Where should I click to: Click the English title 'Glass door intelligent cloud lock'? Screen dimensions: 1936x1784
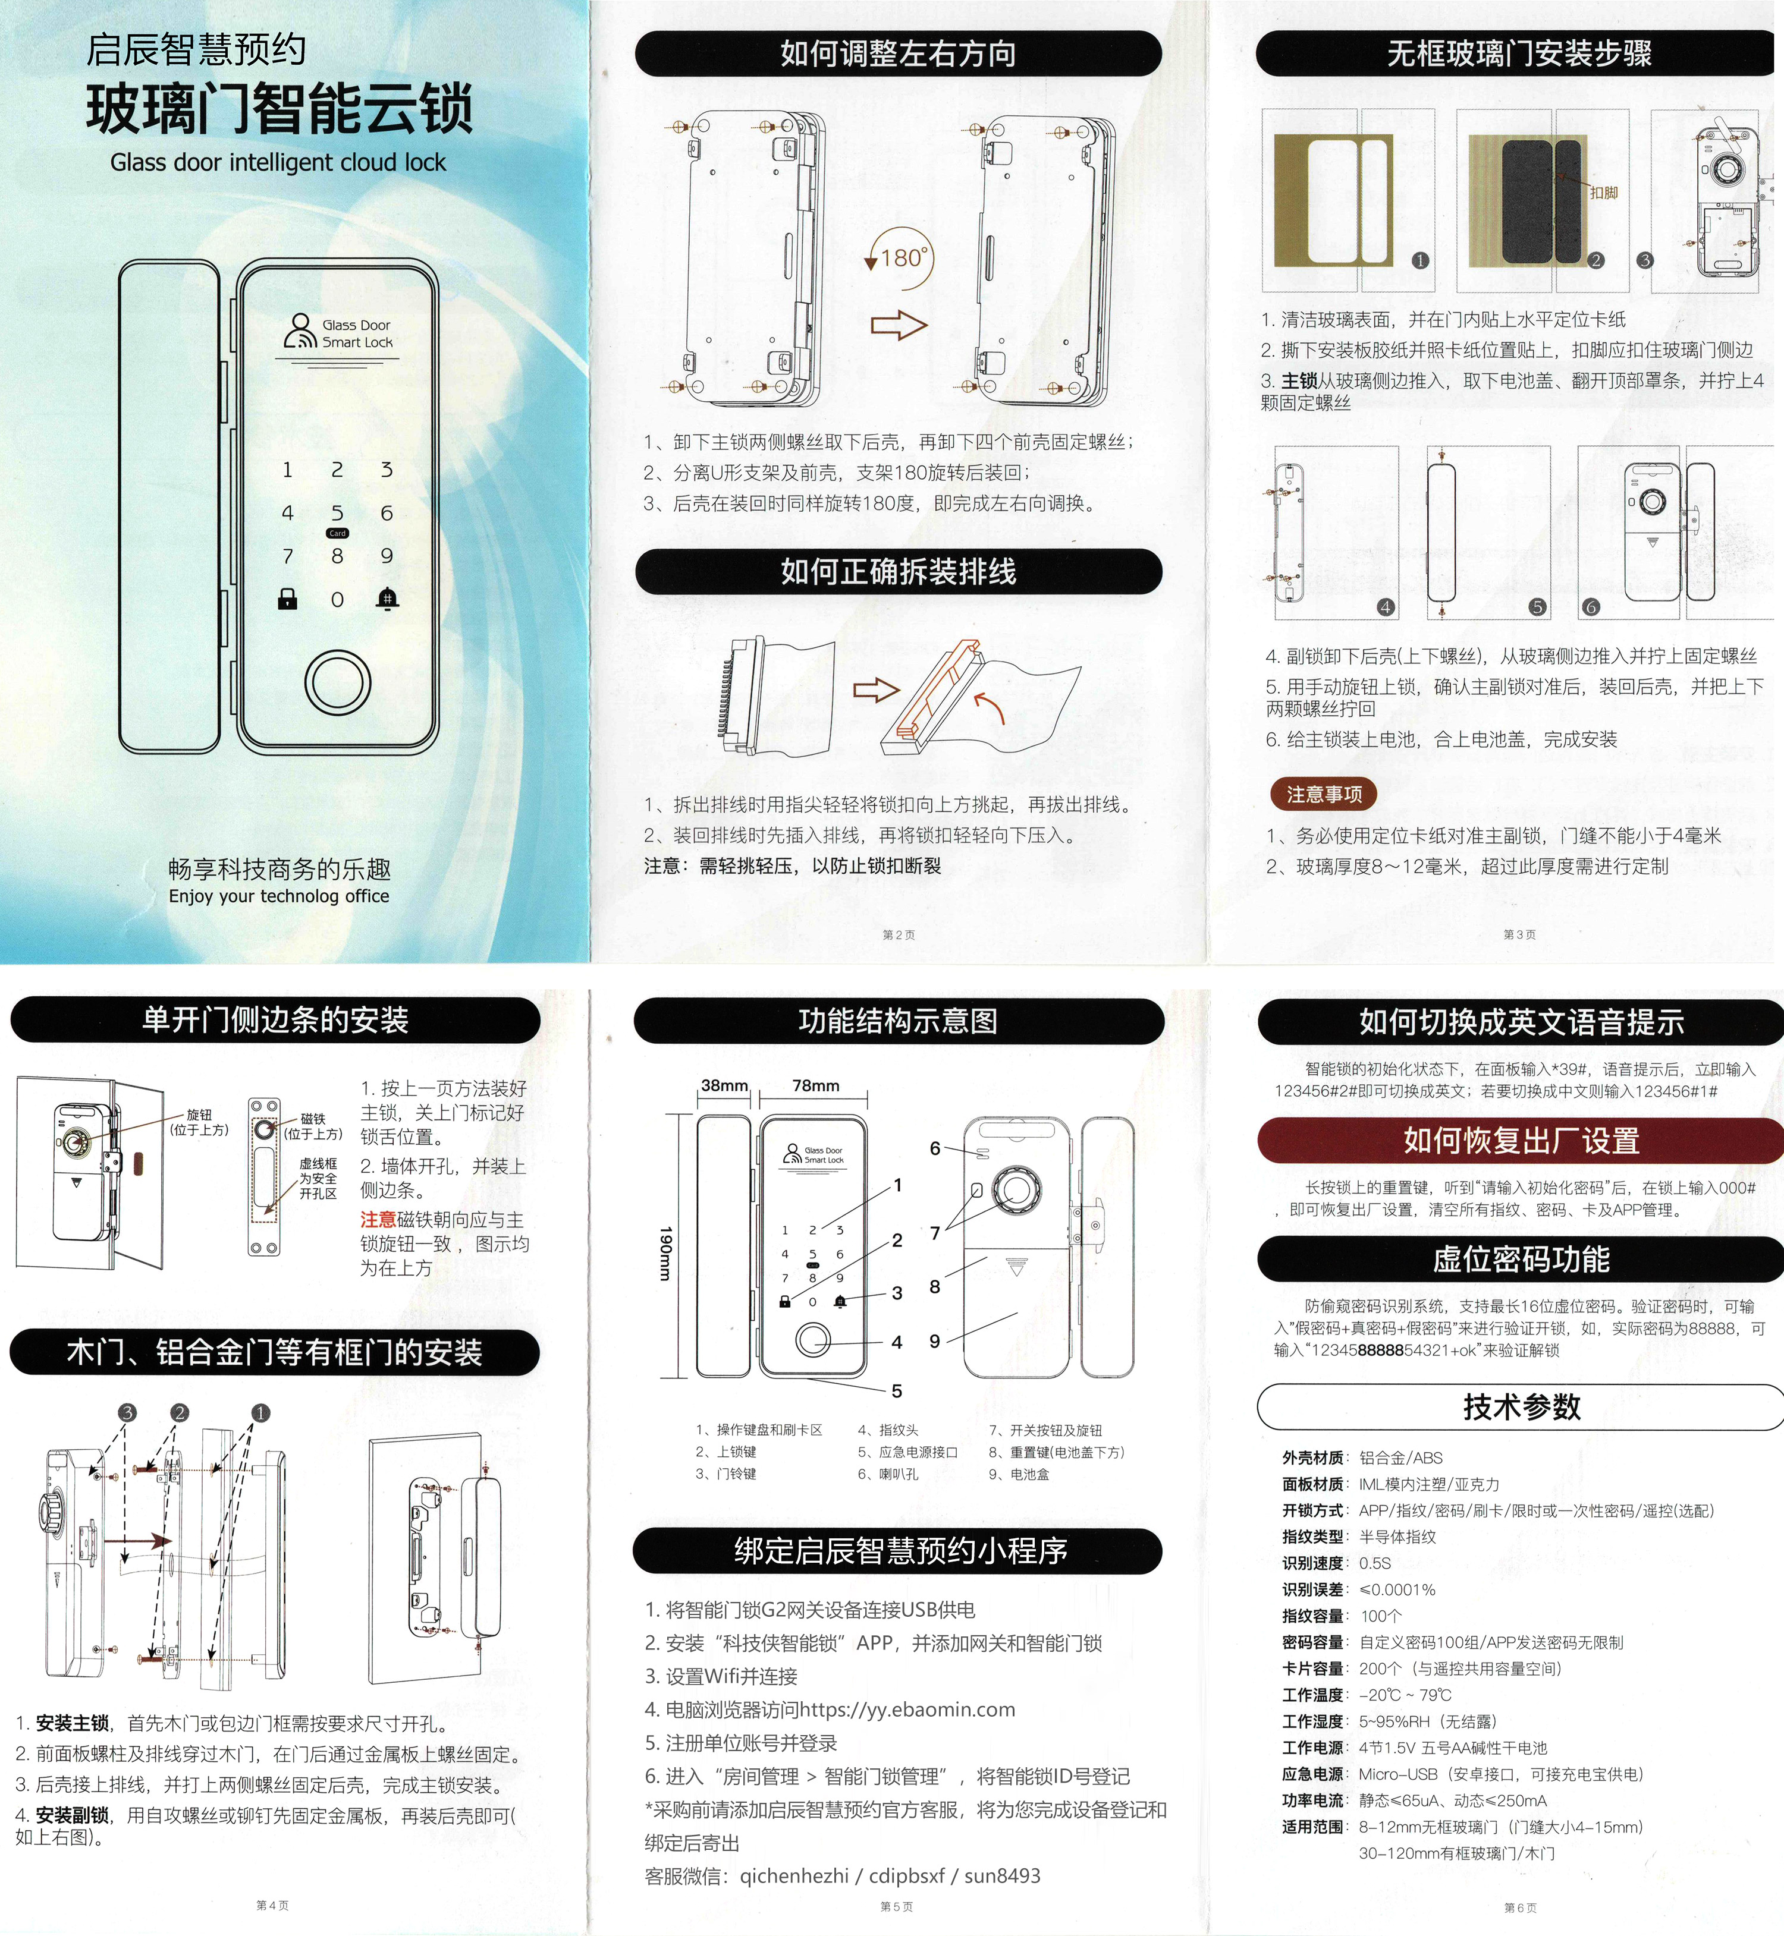point(278,162)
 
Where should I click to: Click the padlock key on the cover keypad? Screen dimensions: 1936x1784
point(287,599)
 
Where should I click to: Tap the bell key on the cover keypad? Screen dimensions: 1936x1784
point(387,599)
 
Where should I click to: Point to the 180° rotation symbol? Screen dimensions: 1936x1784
point(902,259)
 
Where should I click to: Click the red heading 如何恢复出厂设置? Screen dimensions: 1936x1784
point(1521,1141)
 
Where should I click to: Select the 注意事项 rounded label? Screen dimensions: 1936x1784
point(1324,794)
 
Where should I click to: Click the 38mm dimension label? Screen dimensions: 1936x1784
point(724,1086)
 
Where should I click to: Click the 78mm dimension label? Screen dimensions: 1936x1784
point(816,1086)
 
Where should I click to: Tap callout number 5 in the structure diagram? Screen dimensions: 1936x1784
point(897,1391)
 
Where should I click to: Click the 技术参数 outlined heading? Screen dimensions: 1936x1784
point(1521,1406)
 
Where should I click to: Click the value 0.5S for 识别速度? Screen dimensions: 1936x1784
point(1375,1563)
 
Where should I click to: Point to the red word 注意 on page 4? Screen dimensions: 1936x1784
point(378,1220)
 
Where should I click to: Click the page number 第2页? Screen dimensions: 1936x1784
point(898,934)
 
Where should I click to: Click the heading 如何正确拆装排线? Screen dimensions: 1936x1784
point(898,571)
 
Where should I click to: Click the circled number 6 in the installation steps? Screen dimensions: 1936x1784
point(1591,607)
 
